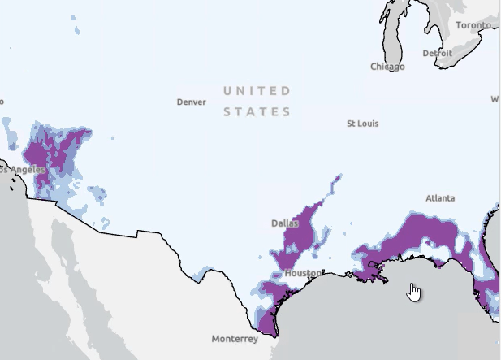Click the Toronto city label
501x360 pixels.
coord(473,25)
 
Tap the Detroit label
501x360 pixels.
coord(437,54)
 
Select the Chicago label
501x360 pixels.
coord(387,67)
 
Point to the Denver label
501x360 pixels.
coord(192,102)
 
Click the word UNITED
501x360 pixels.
coord(257,91)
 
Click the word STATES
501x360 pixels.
coord(257,112)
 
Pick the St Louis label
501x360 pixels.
coord(362,124)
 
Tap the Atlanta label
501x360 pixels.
coord(440,198)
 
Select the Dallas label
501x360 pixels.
coord(284,223)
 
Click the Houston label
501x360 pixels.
coord(302,273)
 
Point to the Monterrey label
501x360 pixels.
coord(234,338)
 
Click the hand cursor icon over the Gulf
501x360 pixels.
coord(414,291)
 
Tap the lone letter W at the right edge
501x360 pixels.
coord(495,99)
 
